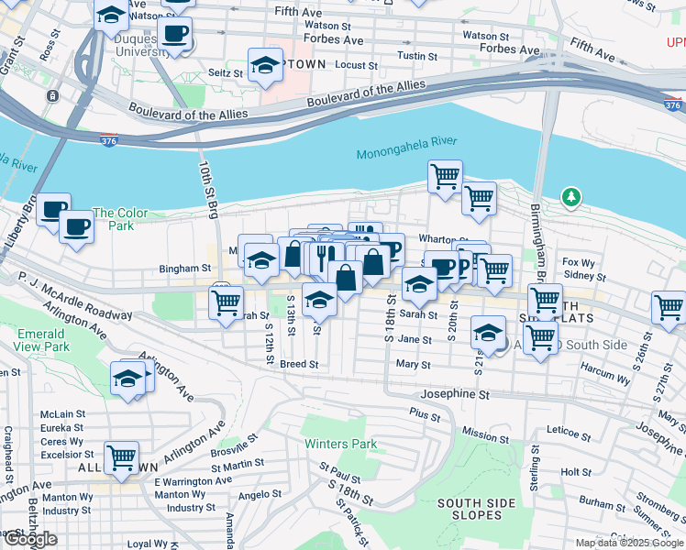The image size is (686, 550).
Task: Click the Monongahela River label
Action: (x=405, y=154)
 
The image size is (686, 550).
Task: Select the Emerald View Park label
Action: (x=42, y=341)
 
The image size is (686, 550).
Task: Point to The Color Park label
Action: (x=119, y=219)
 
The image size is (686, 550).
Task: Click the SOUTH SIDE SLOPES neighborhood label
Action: (x=470, y=509)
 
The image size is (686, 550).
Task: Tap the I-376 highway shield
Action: (x=109, y=139)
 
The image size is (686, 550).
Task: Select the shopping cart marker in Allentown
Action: (x=121, y=456)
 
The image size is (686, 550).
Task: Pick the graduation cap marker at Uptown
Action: (x=265, y=65)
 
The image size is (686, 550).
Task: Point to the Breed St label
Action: (x=299, y=364)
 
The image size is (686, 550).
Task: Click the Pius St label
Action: (x=425, y=414)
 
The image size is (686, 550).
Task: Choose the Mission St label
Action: (x=486, y=432)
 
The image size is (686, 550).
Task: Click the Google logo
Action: (x=31, y=539)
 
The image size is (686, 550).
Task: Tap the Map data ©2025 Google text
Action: (x=630, y=543)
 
